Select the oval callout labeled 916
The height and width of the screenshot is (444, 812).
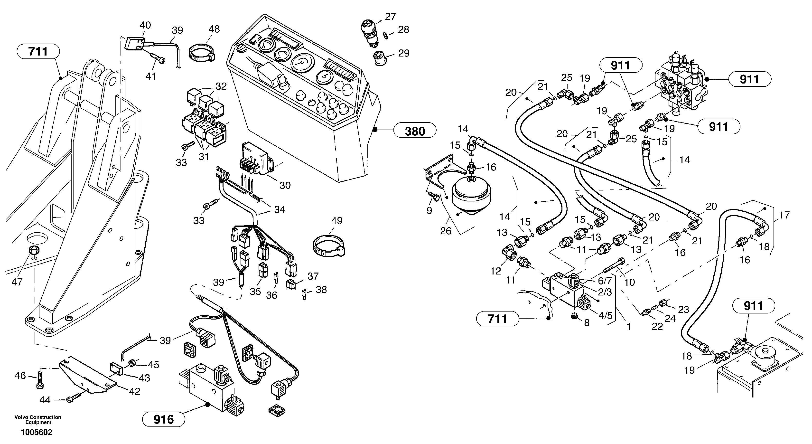(163, 419)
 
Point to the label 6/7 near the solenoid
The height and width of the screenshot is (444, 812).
(605, 280)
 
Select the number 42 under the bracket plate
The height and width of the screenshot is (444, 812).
(134, 391)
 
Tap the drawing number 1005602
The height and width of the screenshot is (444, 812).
(37, 432)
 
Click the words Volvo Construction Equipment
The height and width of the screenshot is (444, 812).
(38, 420)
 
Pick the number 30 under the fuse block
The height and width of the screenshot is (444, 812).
(285, 185)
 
